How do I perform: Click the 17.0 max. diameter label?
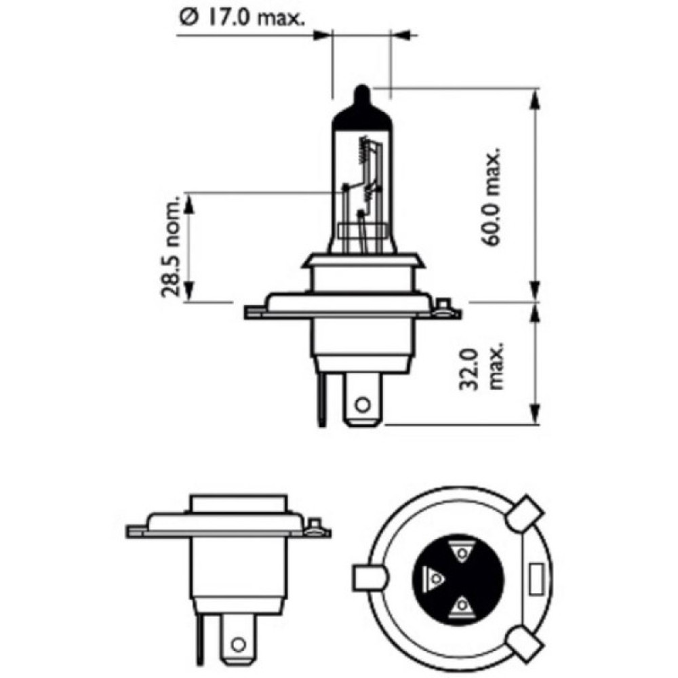pos(241,18)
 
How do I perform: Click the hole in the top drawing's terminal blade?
pos(362,405)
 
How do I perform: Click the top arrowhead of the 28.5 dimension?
pos(189,201)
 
